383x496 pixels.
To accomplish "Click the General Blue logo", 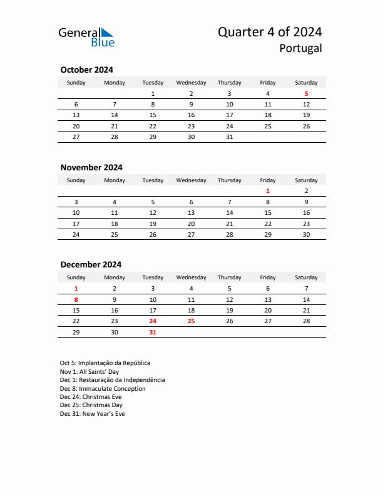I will click(86, 36).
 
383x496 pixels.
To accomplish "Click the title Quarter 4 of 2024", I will click(270, 33).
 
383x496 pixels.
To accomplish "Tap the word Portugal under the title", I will click(301, 48).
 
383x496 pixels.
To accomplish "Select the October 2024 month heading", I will click(86, 70).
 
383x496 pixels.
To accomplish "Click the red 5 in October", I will click(306, 94).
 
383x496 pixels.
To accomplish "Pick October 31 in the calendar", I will click(229, 137).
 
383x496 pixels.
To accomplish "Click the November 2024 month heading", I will click(91, 167).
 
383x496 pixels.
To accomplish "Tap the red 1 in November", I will click(268, 191).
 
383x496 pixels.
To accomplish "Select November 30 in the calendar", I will click(306, 234).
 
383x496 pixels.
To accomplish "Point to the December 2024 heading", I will click(91, 264).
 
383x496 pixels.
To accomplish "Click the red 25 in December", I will click(191, 321).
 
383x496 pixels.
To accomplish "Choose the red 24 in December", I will click(153, 321).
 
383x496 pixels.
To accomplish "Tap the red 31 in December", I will click(153, 332).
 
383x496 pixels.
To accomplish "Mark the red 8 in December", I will click(76, 299).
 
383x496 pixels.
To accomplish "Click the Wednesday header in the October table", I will click(191, 83).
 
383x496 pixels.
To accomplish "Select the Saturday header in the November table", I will click(306, 180).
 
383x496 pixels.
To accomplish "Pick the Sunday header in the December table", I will click(76, 277).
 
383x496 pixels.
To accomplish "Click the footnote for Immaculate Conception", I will click(103, 388).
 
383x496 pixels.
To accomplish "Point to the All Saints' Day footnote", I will click(89, 371).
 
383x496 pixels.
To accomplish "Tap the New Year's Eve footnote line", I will click(92, 414).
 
